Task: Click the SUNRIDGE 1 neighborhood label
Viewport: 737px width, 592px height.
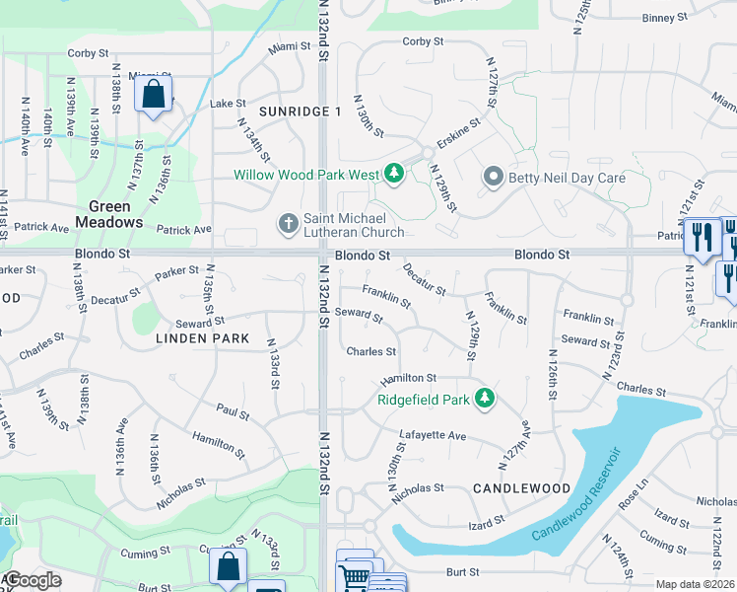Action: click(300, 111)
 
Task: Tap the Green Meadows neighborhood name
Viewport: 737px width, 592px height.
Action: click(115, 214)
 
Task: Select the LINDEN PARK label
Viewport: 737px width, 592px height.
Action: click(202, 337)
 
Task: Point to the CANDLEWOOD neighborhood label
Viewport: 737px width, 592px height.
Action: click(521, 488)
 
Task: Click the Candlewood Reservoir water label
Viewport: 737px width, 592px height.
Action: click(577, 493)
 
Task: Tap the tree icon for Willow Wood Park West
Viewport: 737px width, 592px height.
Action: click(394, 175)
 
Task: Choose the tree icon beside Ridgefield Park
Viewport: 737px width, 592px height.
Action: click(484, 399)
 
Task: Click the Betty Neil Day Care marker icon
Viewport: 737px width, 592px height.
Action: click(493, 178)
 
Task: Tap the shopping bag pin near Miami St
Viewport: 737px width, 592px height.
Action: click(153, 96)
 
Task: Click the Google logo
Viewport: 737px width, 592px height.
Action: click(33, 580)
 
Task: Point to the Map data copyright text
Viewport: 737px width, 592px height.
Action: click(696, 584)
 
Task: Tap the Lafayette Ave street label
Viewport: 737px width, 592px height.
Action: click(433, 435)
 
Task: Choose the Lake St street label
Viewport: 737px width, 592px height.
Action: click(228, 103)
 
